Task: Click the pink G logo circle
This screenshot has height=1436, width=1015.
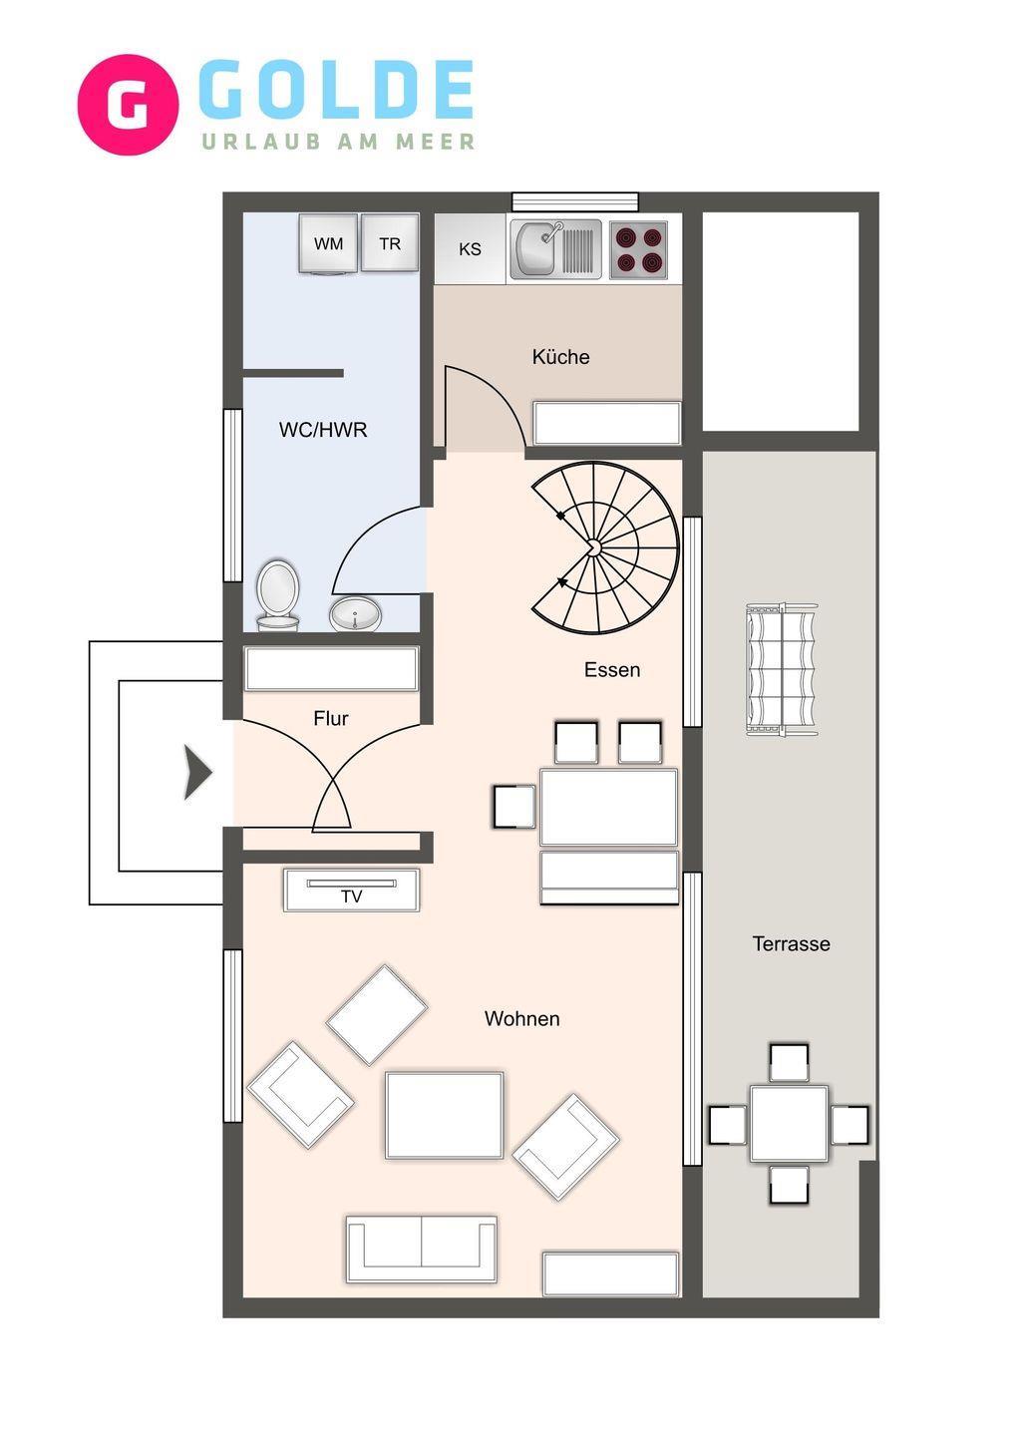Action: tap(128, 105)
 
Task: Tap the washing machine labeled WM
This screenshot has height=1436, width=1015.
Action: tap(327, 244)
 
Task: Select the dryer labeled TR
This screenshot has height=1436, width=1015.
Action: tap(390, 243)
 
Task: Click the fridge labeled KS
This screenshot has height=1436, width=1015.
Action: tap(470, 248)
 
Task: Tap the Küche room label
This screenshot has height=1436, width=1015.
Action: tap(560, 357)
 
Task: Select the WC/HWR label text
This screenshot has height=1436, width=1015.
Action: tap(323, 430)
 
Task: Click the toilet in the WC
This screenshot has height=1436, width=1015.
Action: tap(278, 595)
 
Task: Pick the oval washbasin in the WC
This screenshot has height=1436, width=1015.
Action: tap(356, 614)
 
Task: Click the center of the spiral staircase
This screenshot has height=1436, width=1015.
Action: tap(592, 546)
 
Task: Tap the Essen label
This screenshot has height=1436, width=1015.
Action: tap(612, 670)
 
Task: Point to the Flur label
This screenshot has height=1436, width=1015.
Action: tap(331, 719)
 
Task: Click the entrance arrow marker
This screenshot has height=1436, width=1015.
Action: tap(198, 773)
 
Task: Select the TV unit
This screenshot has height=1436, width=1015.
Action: tap(352, 891)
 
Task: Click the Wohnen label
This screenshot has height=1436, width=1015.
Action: tap(522, 1019)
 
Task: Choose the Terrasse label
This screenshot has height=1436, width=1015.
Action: tap(791, 943)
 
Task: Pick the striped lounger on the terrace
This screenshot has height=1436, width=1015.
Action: tap(781, 670)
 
